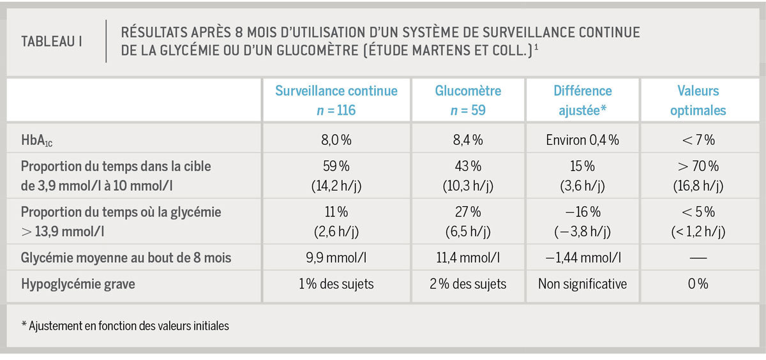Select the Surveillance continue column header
click(x=336, y=100)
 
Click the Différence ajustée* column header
click(x=582, y=100)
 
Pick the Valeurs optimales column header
click(x=698, y=100)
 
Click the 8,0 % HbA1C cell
click(x=336, y=140)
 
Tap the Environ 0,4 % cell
click(x=582, y=140)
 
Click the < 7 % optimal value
click(x=698, y=140)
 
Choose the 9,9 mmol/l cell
click(x=336, y=259)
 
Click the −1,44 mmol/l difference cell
click(x=582, y=259)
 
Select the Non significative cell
click(x=582, y=284)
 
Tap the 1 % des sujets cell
click(x=336, y=284)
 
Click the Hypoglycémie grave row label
click(x=78, y=284)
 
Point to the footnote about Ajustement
click(x=125, y=326)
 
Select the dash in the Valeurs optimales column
click(x=698, y=259)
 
